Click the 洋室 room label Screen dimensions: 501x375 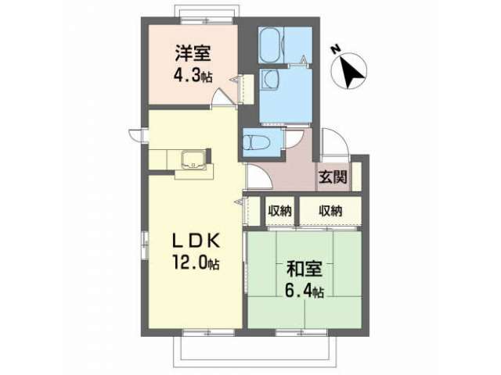(193, 54)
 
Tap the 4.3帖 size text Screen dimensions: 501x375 (193, 76)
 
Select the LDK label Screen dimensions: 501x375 (196, 241)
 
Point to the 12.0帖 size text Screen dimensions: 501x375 (196, 262)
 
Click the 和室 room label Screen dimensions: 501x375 (305, 269)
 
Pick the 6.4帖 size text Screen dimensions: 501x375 (304, 291)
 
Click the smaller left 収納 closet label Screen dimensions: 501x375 (280, 211)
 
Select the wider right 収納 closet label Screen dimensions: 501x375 (330, 211)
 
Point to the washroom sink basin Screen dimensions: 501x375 (270, 80)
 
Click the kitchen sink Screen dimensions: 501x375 (194, 159)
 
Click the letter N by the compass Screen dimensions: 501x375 (335, 49)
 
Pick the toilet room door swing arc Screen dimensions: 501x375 (293, 139)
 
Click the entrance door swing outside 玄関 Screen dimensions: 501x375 (334, 141)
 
